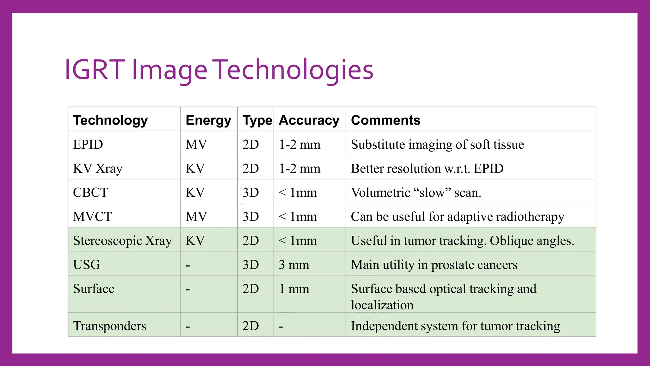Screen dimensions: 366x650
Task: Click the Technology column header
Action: (110, 120)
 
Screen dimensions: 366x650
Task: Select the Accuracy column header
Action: (309, 120)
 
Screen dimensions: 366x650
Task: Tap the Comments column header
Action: (385, 120)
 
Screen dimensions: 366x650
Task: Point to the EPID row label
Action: (88, 144)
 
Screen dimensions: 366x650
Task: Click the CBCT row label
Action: (90, 193)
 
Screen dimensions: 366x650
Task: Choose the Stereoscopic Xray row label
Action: (122, 241)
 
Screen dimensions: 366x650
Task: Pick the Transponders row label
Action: (109, 326)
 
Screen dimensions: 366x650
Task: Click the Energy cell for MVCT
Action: (196, 217)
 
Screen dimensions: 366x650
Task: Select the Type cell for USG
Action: (250, 265)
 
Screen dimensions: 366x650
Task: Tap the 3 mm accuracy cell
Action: (294, 265)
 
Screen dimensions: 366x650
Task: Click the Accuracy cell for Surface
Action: (294, 289)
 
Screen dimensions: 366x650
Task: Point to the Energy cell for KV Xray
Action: (195, 168)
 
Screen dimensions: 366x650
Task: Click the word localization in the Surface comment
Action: (382, 305)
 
